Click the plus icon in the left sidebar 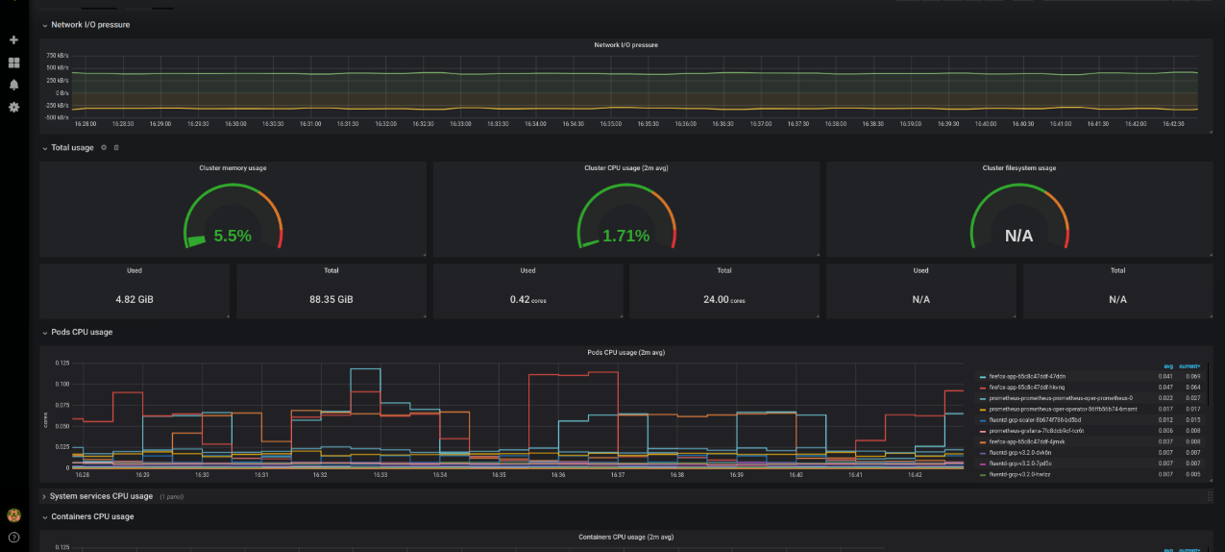tap(13, 40)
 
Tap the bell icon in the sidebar tap(13, 85)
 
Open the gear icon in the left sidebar tap(13, 107)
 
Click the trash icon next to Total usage tap(116, 147)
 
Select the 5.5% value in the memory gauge tap(233, 236)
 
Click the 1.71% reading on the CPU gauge tap(625, 236)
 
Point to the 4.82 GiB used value tap(135, 299)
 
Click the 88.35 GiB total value tap(331, 299)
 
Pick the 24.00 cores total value tap(723, 299)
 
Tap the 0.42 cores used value tap(527, 299)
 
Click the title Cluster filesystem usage tap(1019, 168)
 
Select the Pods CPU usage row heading tap(82, 332)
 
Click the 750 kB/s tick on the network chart tap(58, 56)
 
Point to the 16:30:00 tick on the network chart tap(235, 123)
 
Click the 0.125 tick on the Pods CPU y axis tap(62, 363)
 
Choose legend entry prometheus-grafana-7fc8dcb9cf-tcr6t tap(1036, 431)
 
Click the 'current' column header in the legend tap(1189, 366)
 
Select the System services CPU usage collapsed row tap(101, 496)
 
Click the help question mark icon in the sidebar tap(13, 537)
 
